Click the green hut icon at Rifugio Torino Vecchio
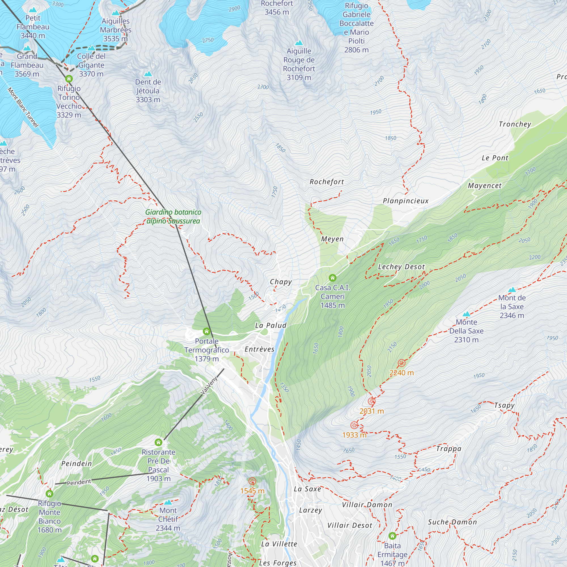click(x=69, y=79)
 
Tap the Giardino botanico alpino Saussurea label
click(x=173, y=217)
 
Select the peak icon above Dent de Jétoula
click(x=148, y=73)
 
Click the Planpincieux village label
click(x=406, y=201)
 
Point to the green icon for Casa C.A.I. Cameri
click(x=332, y=278)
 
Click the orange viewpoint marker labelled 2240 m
click(x=401, y=363)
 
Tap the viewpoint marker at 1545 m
click(x=252, y=481)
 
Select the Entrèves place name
click(x=259, y=349)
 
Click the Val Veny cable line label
click(x=209, y=386)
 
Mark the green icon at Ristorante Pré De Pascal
click(x=158, y=442)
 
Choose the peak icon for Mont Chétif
click(x=168, y=502)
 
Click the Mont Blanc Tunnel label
click(x=23, y=107)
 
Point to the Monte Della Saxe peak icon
click(x=466, y=314)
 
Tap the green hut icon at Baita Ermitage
click(x=392, y=536)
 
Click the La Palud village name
click(x=270, y=325)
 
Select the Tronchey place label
click(x=515, y=124)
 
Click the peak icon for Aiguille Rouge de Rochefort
click(x=299, y=43)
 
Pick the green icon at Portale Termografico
click(x=207, y=332)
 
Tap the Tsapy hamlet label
click(x=504, y=405)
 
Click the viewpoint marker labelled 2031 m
click(x=372, y=401)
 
